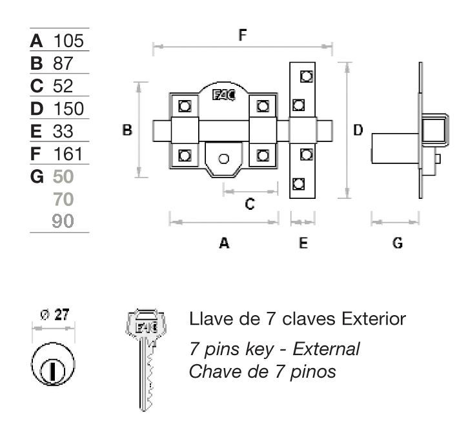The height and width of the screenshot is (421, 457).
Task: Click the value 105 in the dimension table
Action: pyautogui.click(x=68, y=41)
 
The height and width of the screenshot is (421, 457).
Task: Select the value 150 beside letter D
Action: pyautogui.click(x=68, y=108)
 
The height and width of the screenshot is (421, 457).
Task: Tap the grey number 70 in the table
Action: pyautogui.click(x=63, y=199)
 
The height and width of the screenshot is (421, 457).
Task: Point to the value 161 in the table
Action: pyautogui.click(x=68, y=154)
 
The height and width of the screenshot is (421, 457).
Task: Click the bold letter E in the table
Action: pyautogui.click(x=36, y=131)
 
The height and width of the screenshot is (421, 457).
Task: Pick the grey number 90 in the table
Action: pyautogui.click(x=63, y=221)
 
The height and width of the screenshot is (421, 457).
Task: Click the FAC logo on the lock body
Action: pyautogui.click(x=224, y=95)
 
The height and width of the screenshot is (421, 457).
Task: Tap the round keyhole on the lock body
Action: pyautogui.click(x=223, y=159)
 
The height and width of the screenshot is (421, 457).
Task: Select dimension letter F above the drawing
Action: pyautogui.click(x=243, y=35)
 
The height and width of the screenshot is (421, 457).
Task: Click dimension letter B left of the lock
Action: pyautogui.click(x=127, y=130)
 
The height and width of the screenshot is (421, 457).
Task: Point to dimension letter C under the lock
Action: pyautogui.click(x=250, y=204)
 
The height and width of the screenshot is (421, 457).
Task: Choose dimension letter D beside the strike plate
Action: pyautogui.click(x=358, y=130)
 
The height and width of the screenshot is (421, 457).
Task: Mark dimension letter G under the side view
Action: pyautogui.click(x=398, y=243)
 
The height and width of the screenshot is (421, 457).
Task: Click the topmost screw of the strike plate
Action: pyautogui.click(x=307, y=76)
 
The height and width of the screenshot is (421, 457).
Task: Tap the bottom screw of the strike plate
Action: pyautogui.click(x=298, y=184)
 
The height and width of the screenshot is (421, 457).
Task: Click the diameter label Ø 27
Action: pyautogui.click(x=54, y=315)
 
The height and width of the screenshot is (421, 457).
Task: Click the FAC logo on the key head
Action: pyautogui.click(x=147, y=327)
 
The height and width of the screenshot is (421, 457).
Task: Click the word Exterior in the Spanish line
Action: pyautogui.click(x=374, y=319)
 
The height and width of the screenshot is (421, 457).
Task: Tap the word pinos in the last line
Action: pyautogui.click(x=313, y=373)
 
